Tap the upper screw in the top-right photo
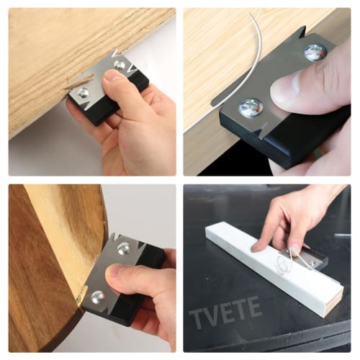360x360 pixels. (x=315, y=52)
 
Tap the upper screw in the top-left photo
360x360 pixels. (x=120, y=66)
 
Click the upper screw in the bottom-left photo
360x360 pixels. (x=124, y=248)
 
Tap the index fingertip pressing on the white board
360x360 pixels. (x=256, y=246)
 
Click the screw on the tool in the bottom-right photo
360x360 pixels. (x=312, y=264)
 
